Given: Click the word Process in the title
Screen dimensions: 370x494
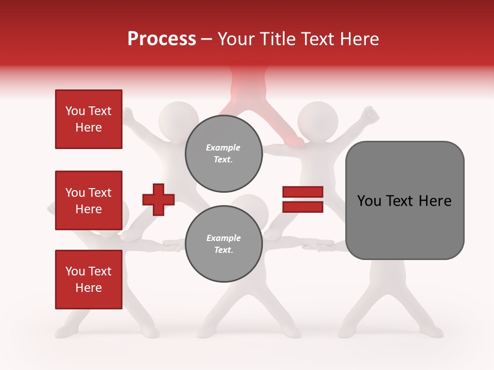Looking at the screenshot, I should pyautogui.click(x=162, y=39).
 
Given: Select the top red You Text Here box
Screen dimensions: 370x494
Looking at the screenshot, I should pyautogui.click(x=89, y=119).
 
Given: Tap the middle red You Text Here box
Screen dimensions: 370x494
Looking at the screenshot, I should pyautogui.click(x=89, y=200).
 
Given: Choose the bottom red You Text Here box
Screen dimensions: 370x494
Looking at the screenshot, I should pyautogui.click(x=89, y=280).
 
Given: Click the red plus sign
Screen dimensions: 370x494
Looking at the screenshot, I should pyautogui.click(x=158, y=199).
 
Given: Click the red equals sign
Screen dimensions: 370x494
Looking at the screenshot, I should pyautogui.click(x=303, y=199).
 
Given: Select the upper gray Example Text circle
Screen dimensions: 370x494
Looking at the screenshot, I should pyautogui.click(x=223, y=154).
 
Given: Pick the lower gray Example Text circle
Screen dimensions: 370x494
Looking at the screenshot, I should pyautogui.click(x=223, y=244).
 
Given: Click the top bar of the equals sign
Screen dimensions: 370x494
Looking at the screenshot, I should pyautogui.click(x=303, y=192).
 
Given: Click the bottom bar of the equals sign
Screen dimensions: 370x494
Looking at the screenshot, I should pyautogui.click(x=303, y=207).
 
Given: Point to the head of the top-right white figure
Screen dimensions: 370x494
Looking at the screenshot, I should pyautogui.click(x=318, y=120).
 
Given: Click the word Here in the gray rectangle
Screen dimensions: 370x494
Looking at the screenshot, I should pyautogui.click(x=435, y=201).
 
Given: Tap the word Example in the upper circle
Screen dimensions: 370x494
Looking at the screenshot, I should pyautogui.click(x=223, y=147).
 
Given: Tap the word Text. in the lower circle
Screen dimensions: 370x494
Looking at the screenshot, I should pyautogui.click(x=223, y=250).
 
